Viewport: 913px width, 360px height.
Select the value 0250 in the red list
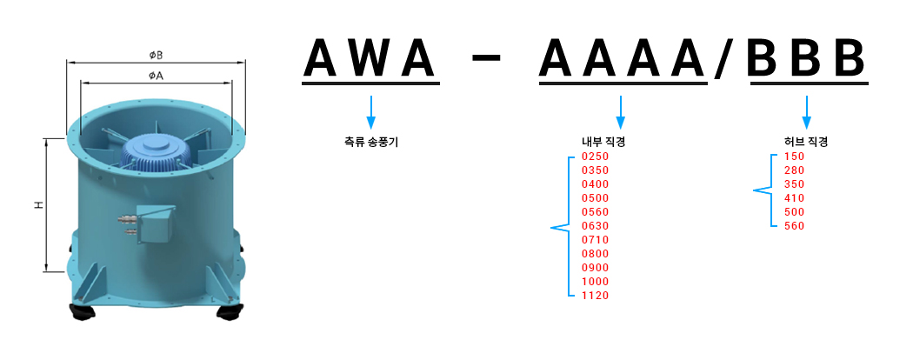(x=595, y=157)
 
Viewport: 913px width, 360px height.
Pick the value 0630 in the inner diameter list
(x=595, y=226)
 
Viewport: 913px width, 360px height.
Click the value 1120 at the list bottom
(x=595, y=296)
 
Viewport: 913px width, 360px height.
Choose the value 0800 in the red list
(x=595, y=254)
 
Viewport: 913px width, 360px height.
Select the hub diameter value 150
(x=794, y=157)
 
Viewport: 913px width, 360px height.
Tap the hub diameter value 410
(x=794, y=198)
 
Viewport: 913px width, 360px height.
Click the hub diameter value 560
(x=794, y=226)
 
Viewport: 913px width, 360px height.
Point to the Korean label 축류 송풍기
(x=371, y=142)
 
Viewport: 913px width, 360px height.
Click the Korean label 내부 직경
(x=603, y=142)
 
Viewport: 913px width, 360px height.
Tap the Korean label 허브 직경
(x=805, y=142)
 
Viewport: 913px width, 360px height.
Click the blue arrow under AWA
(x=371, y=110)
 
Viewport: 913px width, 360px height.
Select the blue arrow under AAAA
(x=620, y=110)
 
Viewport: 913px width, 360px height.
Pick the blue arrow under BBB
(x=807, y=110)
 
